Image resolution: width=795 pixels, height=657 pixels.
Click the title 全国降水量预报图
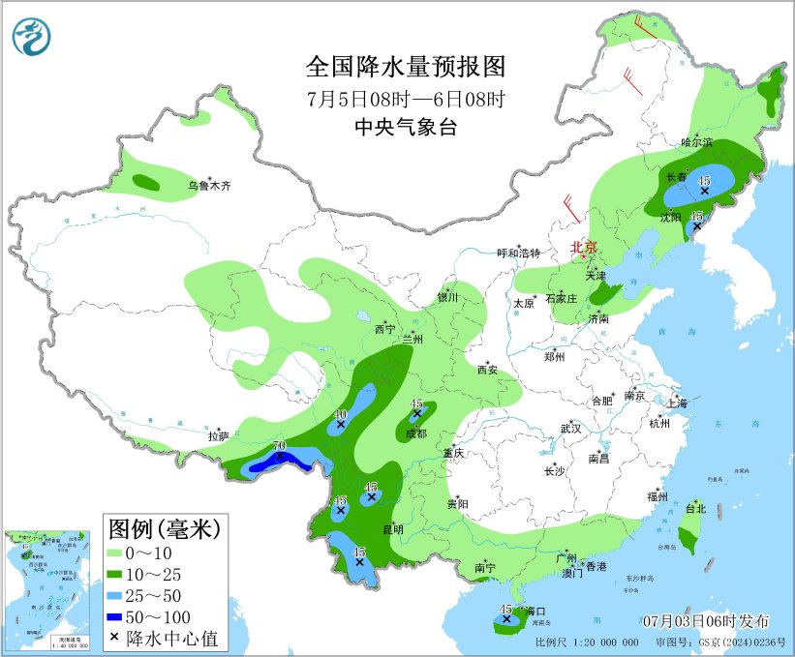click(406, 67)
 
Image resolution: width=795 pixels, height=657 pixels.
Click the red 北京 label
click(586, 247)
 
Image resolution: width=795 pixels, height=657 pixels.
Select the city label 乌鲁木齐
click(211, 186)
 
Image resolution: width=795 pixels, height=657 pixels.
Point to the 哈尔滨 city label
click(695, 142)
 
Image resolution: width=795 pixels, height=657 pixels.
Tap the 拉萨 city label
click(218, 436)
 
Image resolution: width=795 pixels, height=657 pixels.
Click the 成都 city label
click(415, 433)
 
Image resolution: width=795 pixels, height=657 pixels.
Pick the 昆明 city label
click(394, 528)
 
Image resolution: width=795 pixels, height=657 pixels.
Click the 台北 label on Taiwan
click(695, 508)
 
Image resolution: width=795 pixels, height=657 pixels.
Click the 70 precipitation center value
click(279, 446)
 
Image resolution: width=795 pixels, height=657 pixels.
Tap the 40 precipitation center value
click(340, 415)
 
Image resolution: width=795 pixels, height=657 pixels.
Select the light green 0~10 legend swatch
click(123, 552)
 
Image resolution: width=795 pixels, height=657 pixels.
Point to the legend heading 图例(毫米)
click(165, 529)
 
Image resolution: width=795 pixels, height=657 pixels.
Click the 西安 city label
click(487, 370)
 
